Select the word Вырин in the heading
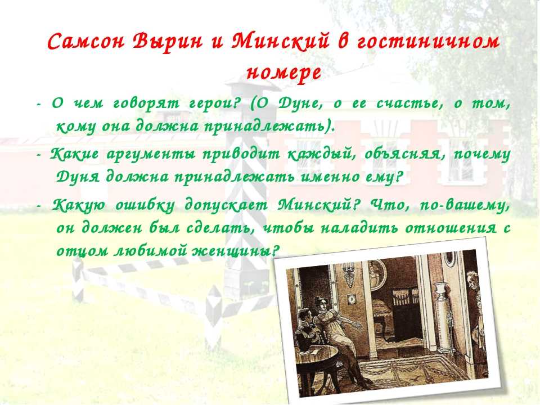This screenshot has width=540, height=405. point(166,42)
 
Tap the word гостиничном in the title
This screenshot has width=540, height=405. point(427,42)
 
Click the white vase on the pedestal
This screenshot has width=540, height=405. point(439,291)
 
